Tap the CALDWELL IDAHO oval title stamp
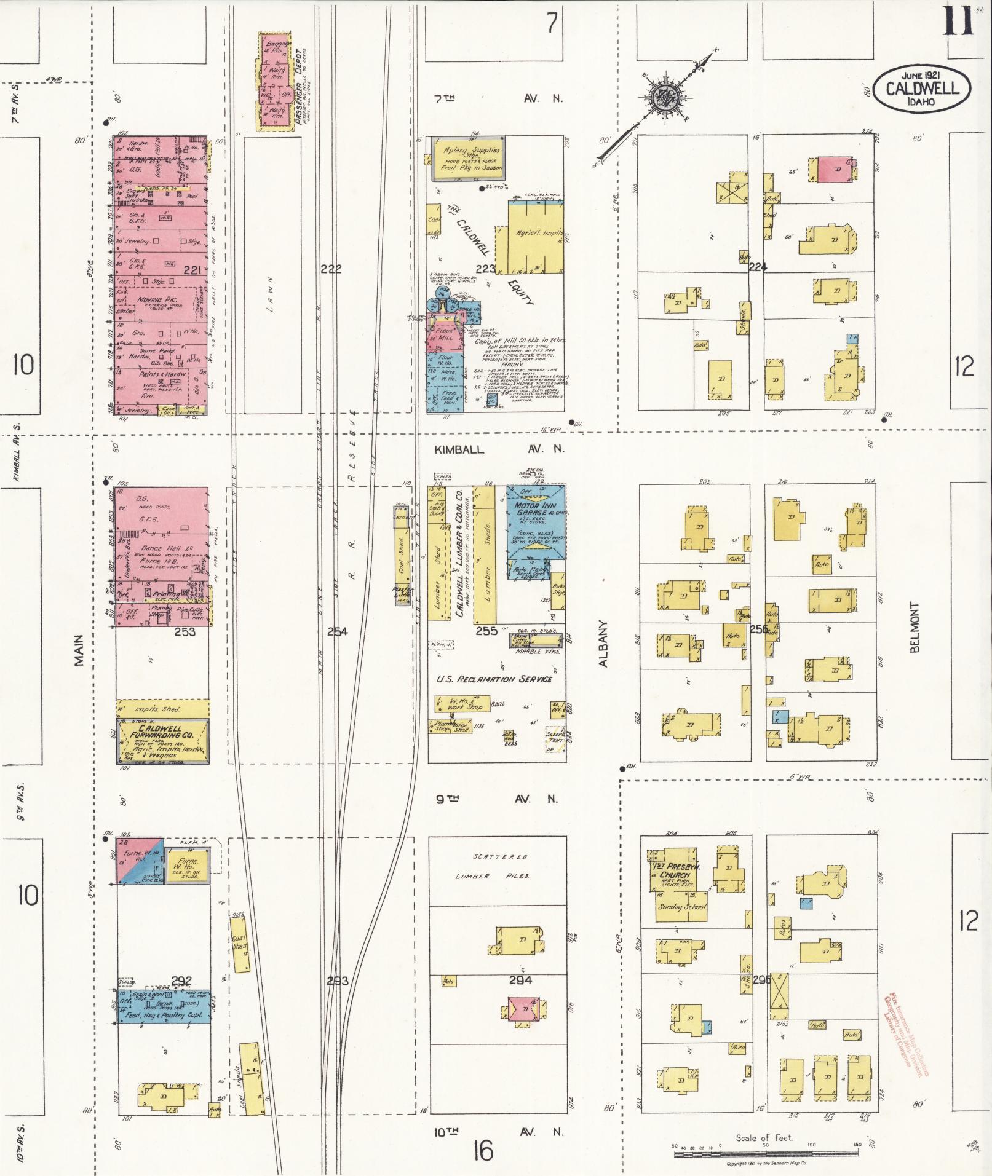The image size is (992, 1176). click(921, 89)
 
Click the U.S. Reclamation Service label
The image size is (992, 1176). click(494, 679)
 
